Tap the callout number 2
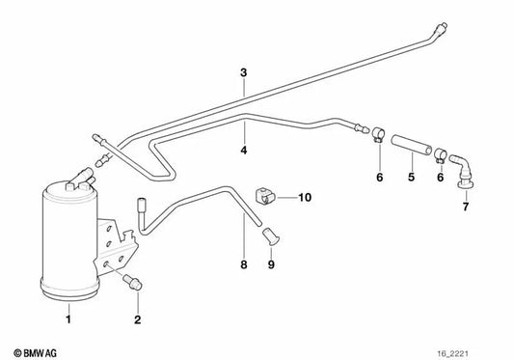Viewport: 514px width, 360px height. [138, 318]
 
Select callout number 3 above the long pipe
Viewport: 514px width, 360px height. [244, 73]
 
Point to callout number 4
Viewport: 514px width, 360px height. [244, 150]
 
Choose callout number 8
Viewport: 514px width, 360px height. [243, 264]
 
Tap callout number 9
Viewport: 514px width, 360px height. [270, 264]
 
